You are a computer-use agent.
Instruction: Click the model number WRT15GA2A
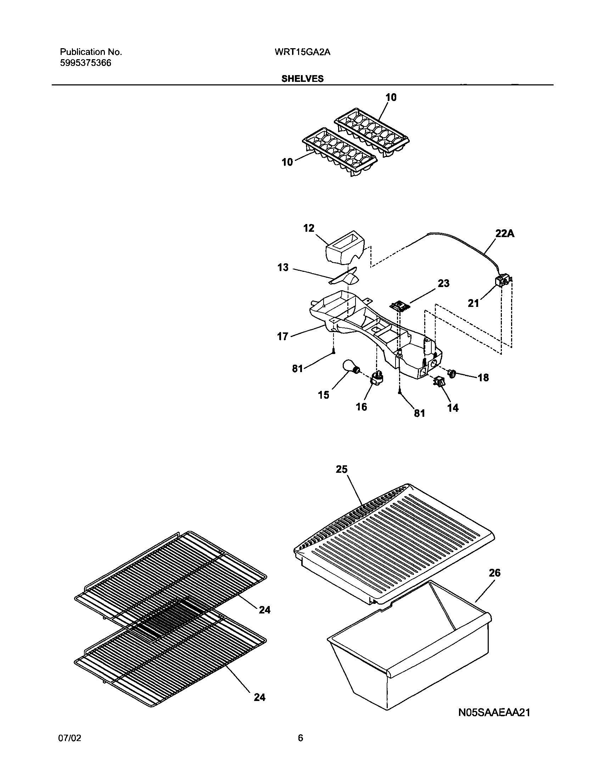point(302,52)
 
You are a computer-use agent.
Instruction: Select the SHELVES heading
point(302,79)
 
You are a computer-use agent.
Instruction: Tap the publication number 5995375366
point(85,63)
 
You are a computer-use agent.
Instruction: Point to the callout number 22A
point(505,234)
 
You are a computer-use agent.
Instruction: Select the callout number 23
point(443,284)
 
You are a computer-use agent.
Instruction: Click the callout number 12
point(309,228)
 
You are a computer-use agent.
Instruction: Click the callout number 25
point(342,469)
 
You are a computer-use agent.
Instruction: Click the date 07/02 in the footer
point(69,748)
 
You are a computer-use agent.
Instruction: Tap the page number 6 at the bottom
point(300,748)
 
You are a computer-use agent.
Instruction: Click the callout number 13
point(283,268)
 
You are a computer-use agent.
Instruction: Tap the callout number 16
point(361,407)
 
